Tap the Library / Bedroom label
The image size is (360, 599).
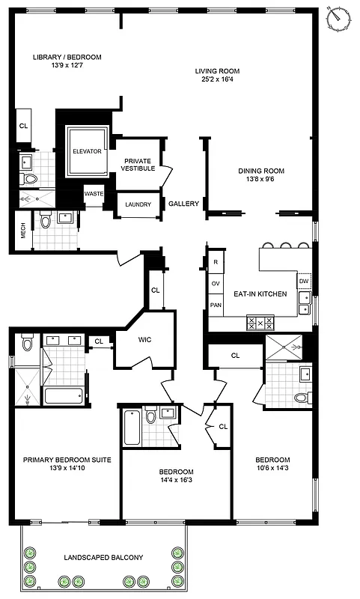click(x=67, y=57)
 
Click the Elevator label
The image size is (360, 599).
click(x=87, y=151)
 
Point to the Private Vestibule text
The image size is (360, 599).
click(x=138, y=165)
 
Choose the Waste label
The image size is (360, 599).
click(x=94, y=193)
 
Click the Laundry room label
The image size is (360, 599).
click(x=138, y=204)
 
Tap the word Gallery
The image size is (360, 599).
click(x=183, y=204)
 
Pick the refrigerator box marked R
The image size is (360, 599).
click(x=216, y=262)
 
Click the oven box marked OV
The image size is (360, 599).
click(x=216, y=284)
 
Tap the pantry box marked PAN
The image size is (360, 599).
click(x=216, y=305)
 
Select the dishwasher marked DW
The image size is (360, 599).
click(x=304, y=282)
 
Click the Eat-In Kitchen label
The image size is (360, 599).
click(x=260, y=294)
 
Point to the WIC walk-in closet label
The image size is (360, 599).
click(x=144, y=339)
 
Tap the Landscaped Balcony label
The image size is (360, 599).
click(x=103, y=558)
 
